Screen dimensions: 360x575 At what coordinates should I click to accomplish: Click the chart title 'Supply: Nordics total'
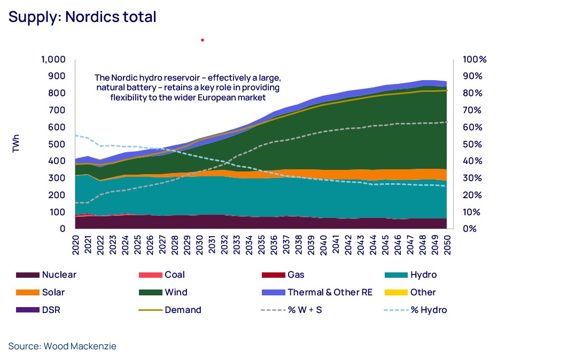tap(82, 17)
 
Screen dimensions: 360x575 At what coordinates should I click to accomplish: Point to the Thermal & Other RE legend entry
tap(330, 293)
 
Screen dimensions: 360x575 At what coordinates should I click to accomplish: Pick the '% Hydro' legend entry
tap(429, 310)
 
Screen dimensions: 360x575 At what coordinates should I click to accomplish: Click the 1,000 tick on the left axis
tap(53, 59)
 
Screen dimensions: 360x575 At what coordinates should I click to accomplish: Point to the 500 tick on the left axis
tap(57, 144)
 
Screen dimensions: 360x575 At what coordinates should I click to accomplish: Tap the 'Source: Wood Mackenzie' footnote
tap(62, 346)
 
